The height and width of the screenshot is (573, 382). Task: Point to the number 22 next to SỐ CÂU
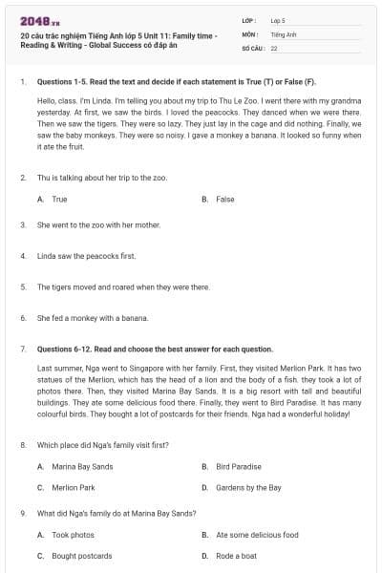(x=274, y=47)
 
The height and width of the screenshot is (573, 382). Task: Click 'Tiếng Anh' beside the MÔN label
(x=282, y=33)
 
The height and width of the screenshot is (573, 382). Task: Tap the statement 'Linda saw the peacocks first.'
(x=80, y=256)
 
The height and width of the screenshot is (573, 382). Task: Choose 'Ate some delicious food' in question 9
(x=257, y=535)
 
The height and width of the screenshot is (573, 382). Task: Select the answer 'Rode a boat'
(x=237, y=555)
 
